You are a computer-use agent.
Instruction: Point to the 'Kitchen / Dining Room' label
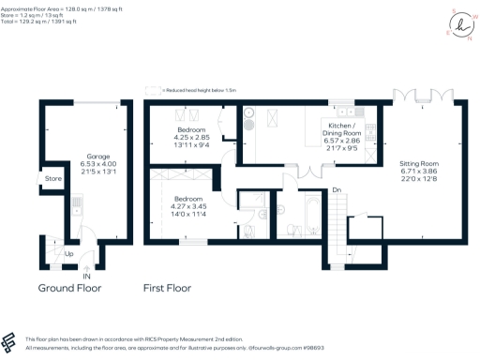click(x=348, y=128)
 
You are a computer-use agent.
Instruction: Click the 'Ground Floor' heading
click(x=69, y=288)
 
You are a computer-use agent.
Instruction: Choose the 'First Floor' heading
click(x=174, y=288)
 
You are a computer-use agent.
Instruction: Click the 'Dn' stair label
click(x=336, y=190)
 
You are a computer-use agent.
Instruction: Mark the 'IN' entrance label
click(x=86, y=277)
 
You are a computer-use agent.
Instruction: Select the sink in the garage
click(x=78, y=201)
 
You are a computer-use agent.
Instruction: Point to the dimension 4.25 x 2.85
click(x=191, y=137)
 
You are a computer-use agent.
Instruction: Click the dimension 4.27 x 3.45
click(x=188, y=205)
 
